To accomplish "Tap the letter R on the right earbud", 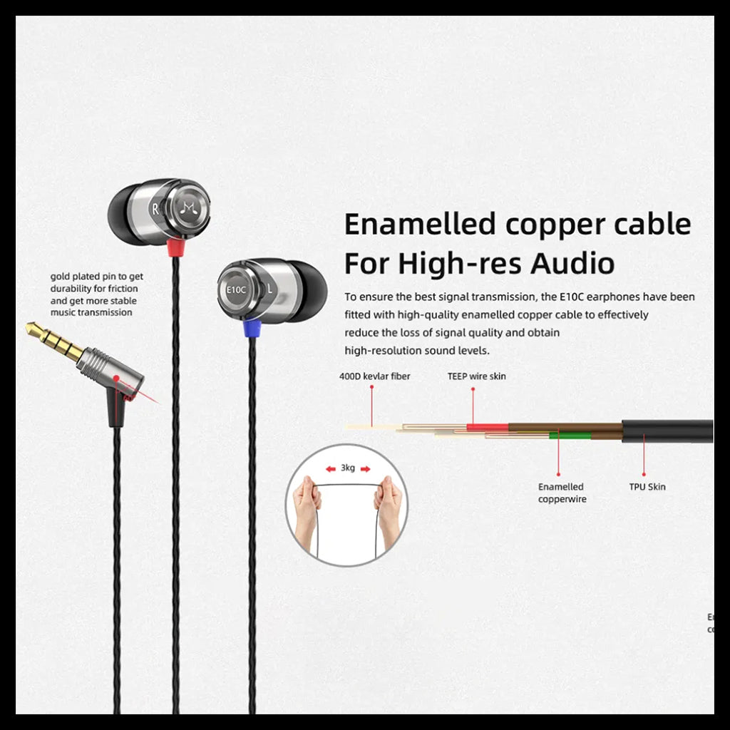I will click(155, 209).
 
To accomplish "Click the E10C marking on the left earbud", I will click(236, 290).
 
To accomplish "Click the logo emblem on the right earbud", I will click(189, 207).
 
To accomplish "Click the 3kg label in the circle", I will click(347, 468).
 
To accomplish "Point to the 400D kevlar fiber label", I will click(374, 376).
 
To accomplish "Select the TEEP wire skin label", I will click(476, 376).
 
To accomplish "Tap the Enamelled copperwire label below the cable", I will click(562, 493).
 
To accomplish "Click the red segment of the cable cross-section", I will click(487, 427).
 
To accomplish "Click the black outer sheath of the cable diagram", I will click(667, 431).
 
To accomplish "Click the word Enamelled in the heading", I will click(420, 225).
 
